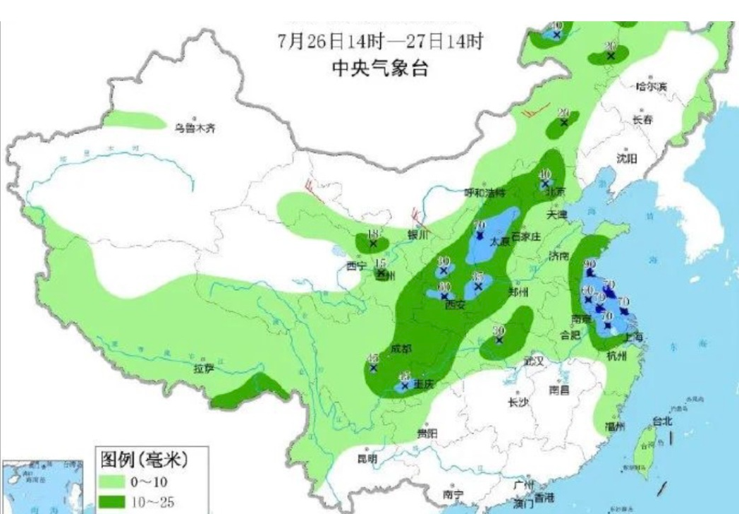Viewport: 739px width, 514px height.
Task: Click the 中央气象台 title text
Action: (x=380, y=68)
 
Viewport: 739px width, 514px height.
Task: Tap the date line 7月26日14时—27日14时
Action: (x=380, y=41)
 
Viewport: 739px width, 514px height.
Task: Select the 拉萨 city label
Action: (x=204, y=369)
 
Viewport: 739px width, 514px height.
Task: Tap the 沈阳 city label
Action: (x=626, y=159)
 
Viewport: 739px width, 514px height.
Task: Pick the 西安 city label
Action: (x=456, y=305)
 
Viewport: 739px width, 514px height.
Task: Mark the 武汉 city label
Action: (x=535, y=361)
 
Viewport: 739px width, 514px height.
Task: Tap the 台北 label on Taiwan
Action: (x=662, y=421)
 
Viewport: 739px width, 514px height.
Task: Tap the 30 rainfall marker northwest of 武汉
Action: (x=499, y=330)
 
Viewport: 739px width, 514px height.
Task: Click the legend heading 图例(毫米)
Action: (x=144, y=460)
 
